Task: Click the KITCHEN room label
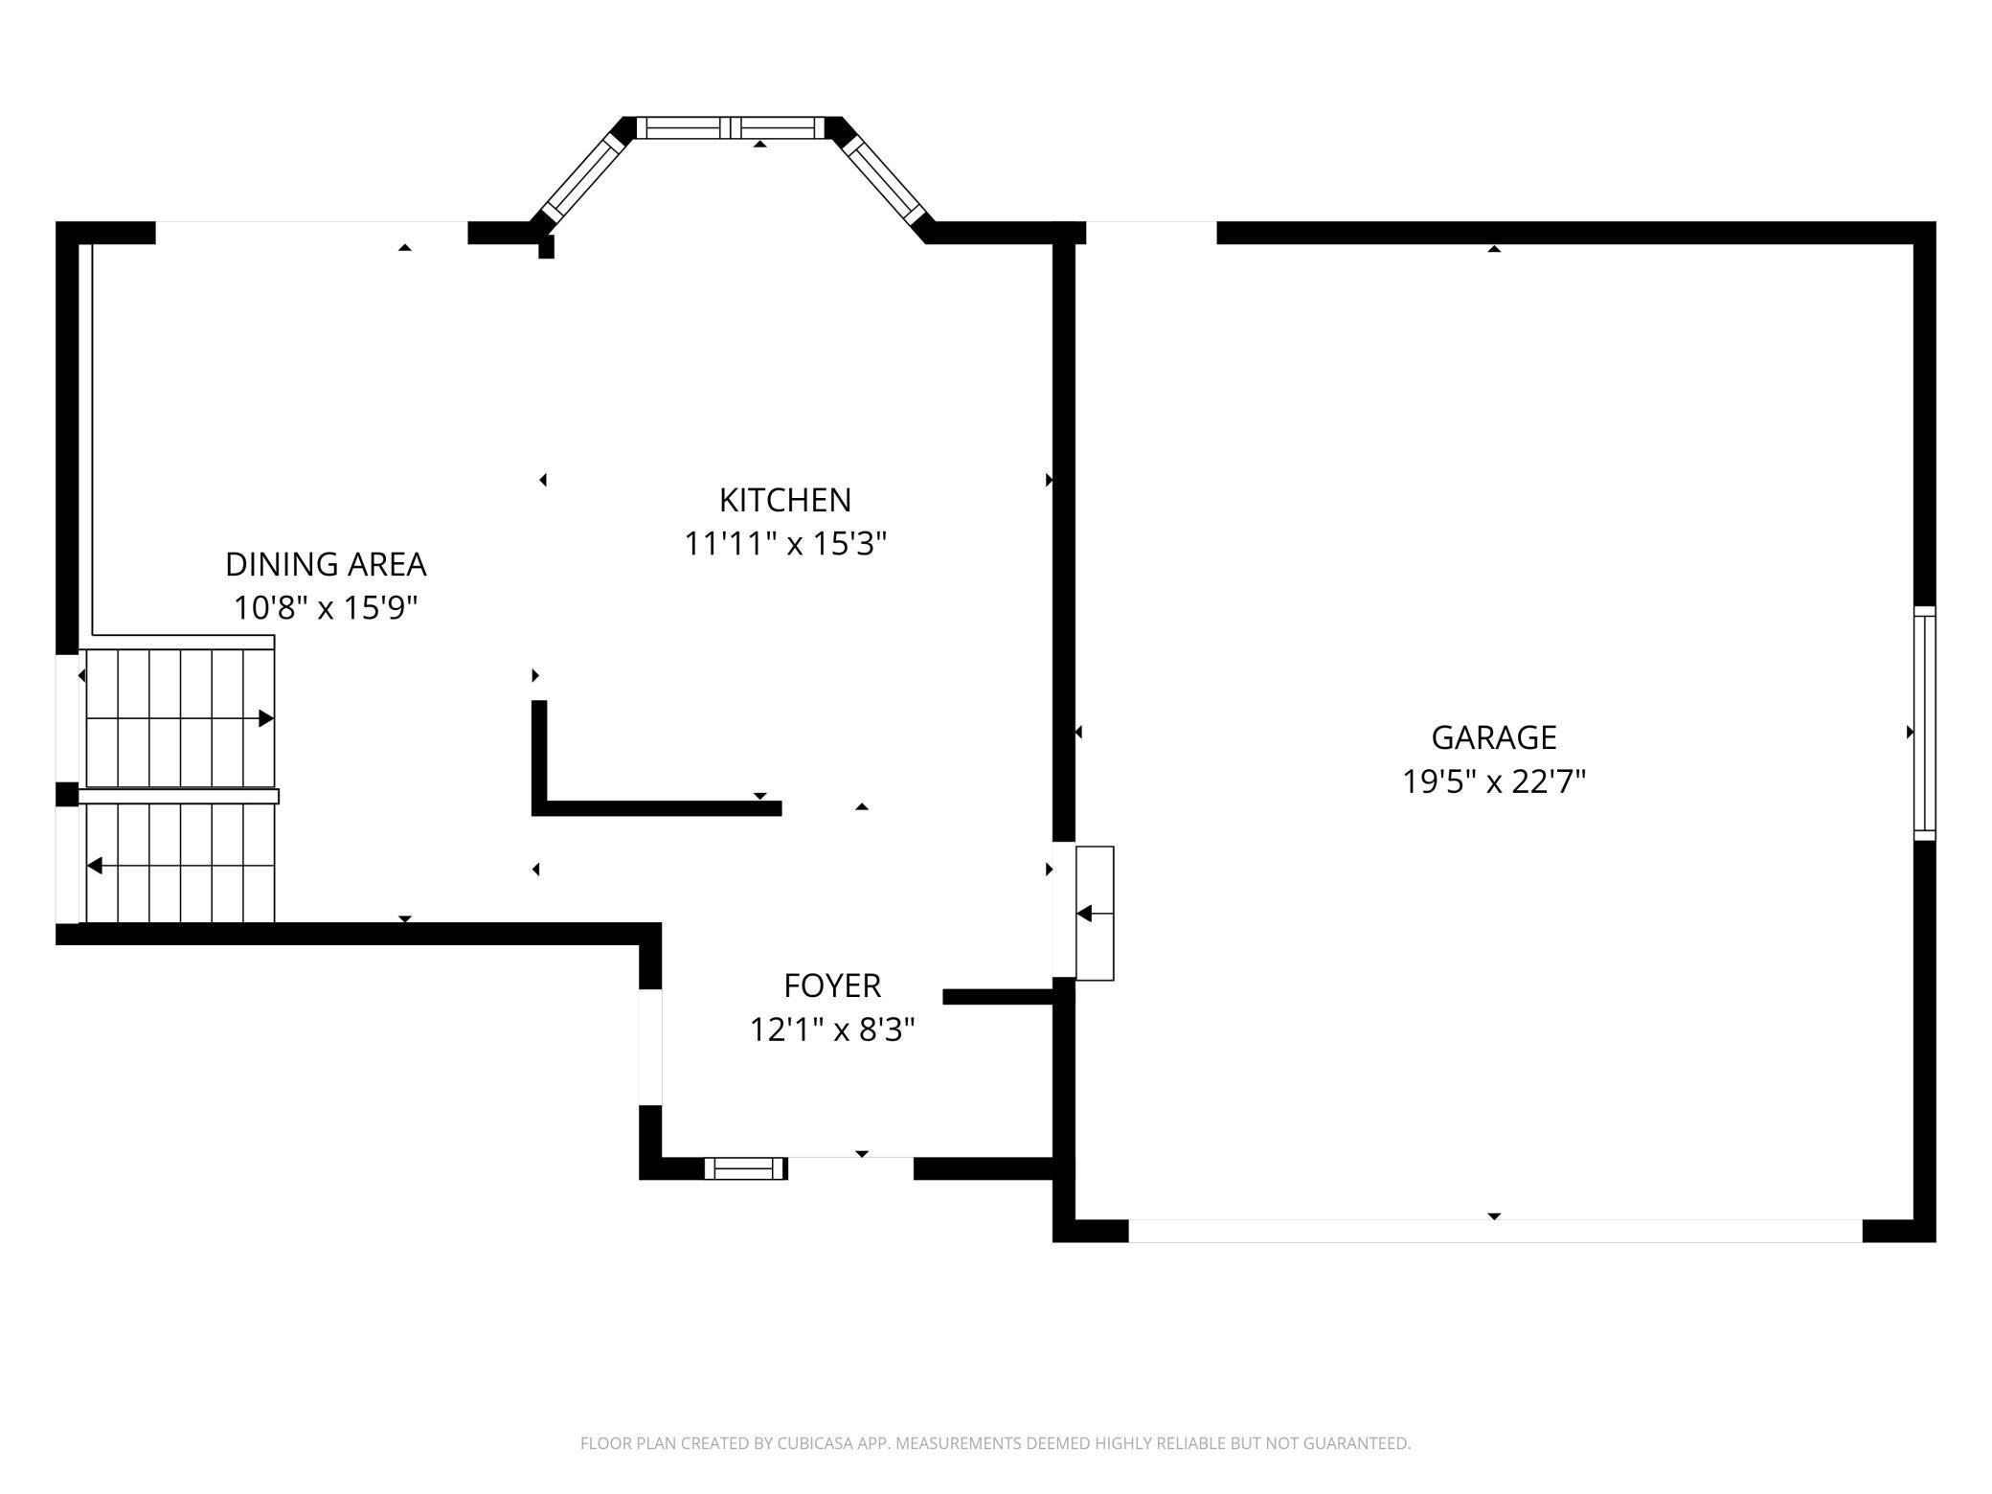click(784, 500)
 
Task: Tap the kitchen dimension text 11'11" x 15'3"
click(784, 544)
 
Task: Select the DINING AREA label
click(326, 564)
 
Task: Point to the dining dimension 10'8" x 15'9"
click(326, 608)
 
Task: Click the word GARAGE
click(1493, 737)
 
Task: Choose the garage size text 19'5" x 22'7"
click(1493, 781)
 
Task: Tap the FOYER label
click(831, 985)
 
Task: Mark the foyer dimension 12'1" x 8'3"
click(831, 1030)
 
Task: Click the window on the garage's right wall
click(1924, 723)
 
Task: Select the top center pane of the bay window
click(730, 127)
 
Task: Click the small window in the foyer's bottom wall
click(745, 1167)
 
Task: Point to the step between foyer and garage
click(1095, 913)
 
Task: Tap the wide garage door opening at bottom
click(1494, 1231)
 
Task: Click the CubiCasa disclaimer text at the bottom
click(995, 1443)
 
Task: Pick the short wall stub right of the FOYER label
click(998, 997)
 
